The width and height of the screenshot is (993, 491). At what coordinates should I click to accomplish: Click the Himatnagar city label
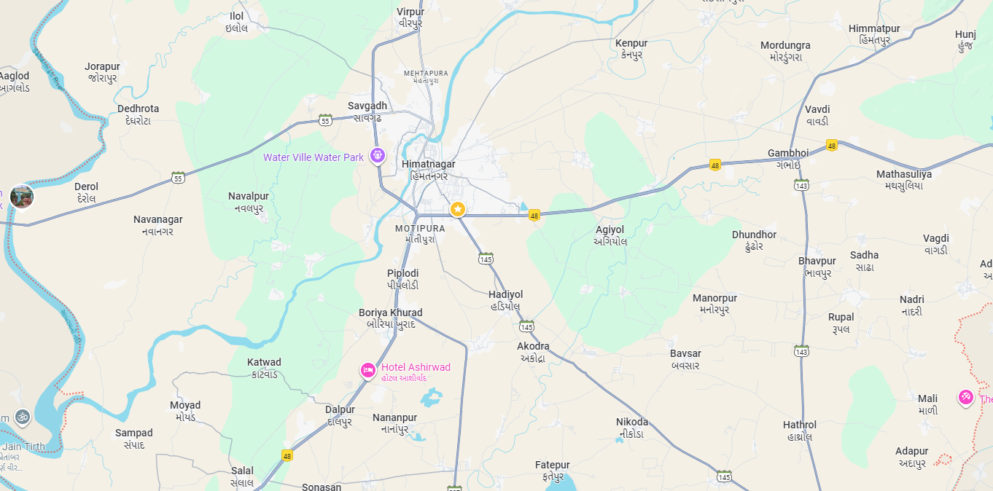[428, 165]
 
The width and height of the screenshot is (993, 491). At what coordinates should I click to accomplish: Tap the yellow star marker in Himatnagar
[457, 210]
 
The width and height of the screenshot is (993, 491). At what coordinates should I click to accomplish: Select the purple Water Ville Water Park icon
[377, 155]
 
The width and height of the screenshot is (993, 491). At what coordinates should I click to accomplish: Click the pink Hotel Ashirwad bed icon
[368, 370]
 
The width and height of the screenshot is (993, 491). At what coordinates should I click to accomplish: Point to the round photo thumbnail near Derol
[22, 196]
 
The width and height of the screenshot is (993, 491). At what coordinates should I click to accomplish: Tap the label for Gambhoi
[788, 153]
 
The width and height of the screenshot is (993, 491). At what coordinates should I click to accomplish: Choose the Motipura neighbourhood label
[420, 229]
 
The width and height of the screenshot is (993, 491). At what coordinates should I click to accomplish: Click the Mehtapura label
[426, 74]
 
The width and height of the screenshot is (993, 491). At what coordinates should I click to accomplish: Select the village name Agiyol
[610, 230]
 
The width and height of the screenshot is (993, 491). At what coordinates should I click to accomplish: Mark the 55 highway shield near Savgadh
[325, 119]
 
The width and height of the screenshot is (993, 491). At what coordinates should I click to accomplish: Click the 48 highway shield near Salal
[287, 455]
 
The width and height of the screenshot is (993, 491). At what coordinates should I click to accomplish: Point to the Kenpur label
[631, 44]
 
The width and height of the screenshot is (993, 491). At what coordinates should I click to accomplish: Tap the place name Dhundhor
[754, 235]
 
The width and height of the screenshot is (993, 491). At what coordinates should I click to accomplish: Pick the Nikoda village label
[631, 423]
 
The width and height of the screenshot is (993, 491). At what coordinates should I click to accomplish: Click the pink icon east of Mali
[965, 397]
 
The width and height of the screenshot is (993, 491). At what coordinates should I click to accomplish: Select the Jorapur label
[102, 67]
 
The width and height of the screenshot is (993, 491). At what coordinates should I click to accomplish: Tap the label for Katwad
[264, 363]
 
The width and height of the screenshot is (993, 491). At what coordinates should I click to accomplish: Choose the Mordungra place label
[785, 46]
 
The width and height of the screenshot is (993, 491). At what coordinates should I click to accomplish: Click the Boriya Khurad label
[390, 313]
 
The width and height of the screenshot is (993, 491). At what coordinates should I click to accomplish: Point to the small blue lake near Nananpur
[431, 398]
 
